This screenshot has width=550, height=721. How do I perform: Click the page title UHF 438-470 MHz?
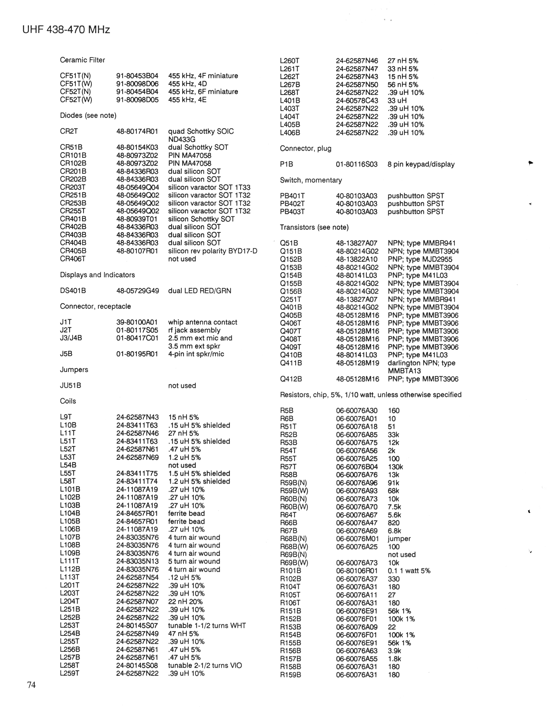click(x=66, y=30)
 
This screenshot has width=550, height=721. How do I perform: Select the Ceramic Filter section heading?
click(x=82, y=60)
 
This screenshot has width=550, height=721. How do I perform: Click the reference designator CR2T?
click(x=69, y=131)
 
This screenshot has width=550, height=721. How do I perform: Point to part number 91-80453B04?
click(x=137, y=76)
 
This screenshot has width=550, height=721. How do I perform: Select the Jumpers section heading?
click(x=74, y=370)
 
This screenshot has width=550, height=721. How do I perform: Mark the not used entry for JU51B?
click(x=182, y=386)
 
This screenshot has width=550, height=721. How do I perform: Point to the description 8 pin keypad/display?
click(x=421, y=164)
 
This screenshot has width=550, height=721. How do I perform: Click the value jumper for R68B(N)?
click(x=399, y=539)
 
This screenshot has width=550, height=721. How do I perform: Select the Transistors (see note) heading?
click(x=314, y=228)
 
